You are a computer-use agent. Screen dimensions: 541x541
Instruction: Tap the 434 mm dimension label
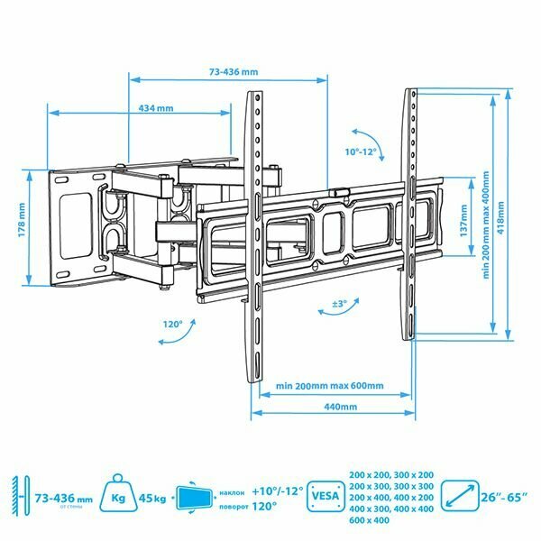(156, 108)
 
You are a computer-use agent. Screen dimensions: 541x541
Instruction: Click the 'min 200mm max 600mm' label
(330, 385)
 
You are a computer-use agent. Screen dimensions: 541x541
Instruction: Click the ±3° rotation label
(339, 304)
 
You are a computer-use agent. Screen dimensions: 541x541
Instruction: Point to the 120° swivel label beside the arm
(172, 322)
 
